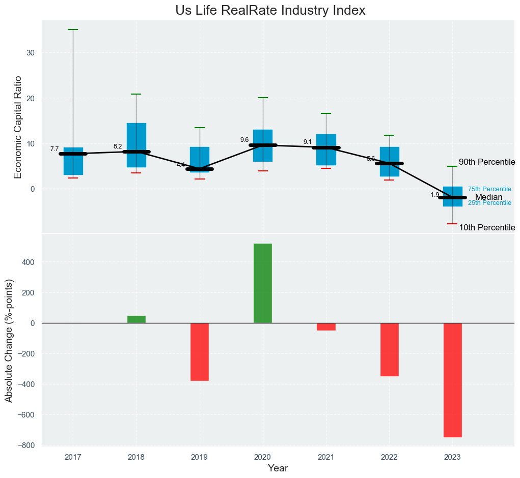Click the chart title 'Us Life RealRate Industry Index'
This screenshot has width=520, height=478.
coord(270,11)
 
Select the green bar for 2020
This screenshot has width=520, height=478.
coord(263,283)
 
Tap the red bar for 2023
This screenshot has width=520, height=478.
coord(452,380)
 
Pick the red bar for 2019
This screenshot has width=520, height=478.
coord(200,351)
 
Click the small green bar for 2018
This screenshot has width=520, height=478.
coord(136,319)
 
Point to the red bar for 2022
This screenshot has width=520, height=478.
coord(389,349)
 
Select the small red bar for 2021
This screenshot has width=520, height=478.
coord(326,326)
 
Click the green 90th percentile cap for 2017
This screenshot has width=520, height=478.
coord(73,30)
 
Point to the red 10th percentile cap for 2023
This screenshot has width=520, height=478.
coord(452,224)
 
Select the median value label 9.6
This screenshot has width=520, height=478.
coord(244,140)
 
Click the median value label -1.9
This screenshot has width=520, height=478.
coord(434,195)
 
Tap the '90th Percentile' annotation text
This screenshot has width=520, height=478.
coord(487,162)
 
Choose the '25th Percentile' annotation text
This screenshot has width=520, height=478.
coord(489,203)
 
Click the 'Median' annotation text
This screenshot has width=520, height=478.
coord(488,197)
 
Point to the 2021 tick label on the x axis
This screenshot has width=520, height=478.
coord(326,457)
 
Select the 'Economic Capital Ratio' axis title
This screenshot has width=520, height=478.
coord(18,127)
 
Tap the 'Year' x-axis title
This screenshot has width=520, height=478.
coord(278,468)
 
